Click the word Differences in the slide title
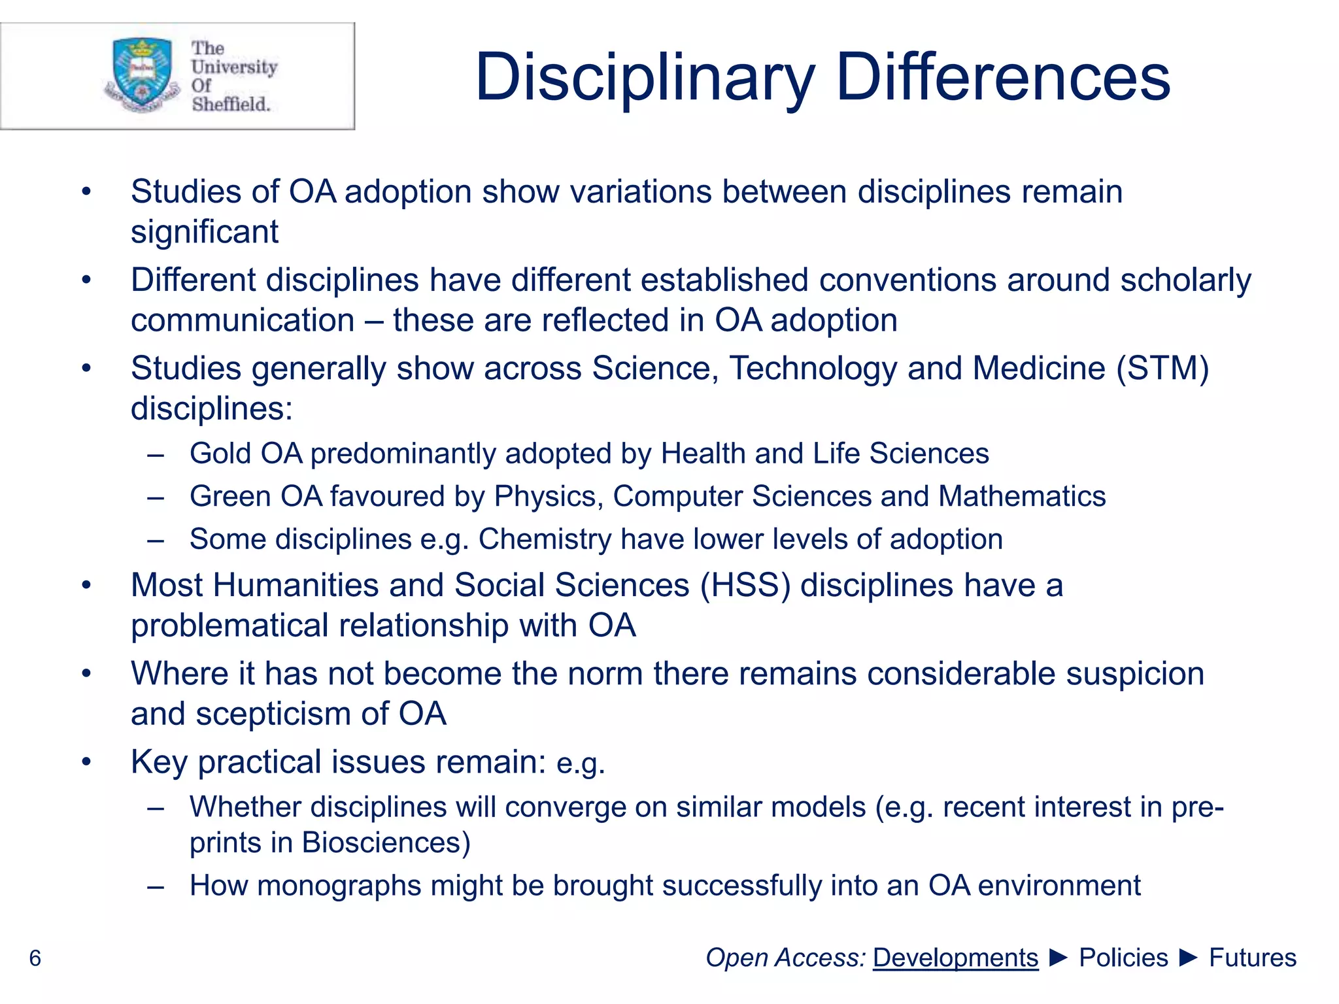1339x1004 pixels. [1003, 78]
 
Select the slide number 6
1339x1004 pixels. [35, 958]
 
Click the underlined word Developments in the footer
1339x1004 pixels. [955, 958]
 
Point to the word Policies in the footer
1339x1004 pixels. [1123, 958]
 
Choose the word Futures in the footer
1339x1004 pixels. [1252, 958]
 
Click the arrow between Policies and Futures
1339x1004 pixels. [1189, 958]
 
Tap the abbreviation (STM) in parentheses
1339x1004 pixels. [1163, 368]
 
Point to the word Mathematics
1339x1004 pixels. [1022, 496]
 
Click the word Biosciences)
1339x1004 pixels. [386, 843]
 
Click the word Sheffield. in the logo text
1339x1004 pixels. [231, 104]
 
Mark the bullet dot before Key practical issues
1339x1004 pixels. [86, 762]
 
